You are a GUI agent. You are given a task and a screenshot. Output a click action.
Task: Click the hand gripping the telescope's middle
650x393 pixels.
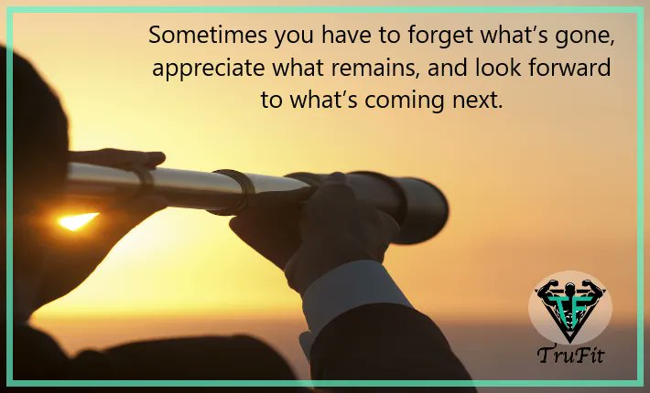click(x=316, y=228)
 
